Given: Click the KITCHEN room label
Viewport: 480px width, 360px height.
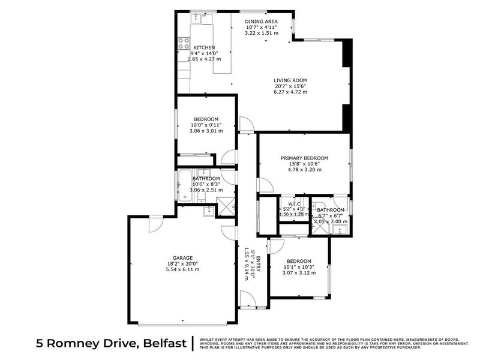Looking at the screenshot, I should (x=204, y=47).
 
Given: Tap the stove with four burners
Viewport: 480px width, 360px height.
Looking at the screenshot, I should (x=183, y=44).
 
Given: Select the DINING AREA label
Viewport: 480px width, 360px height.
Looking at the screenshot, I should (x=261, y=21).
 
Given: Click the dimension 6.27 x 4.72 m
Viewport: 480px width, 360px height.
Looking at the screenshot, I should (x=290, y=92).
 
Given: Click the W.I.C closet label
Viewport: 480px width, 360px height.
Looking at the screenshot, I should (x=293, y=203).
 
